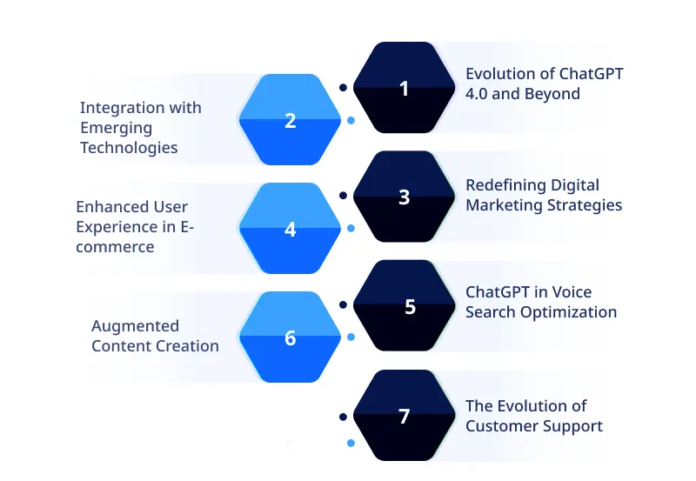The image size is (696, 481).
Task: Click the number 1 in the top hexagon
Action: (404, 88)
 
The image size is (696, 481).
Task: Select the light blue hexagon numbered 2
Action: (291, 120)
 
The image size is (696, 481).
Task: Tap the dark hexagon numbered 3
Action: (404, 197)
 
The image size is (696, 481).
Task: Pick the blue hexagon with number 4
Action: (291, 230)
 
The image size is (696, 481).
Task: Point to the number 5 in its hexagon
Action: (410, 307)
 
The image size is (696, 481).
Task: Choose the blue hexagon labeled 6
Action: (291, 338)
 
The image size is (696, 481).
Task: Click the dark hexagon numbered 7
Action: (404, 417)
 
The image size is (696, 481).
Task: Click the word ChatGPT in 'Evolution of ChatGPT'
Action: (586, 74)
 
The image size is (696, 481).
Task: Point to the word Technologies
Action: (129, 148)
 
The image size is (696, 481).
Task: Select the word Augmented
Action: (135, 326)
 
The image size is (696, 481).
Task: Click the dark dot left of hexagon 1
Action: (343, 87)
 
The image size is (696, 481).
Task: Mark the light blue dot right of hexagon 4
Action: (351, 229)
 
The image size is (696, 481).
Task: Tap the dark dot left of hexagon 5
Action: (343, 304)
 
